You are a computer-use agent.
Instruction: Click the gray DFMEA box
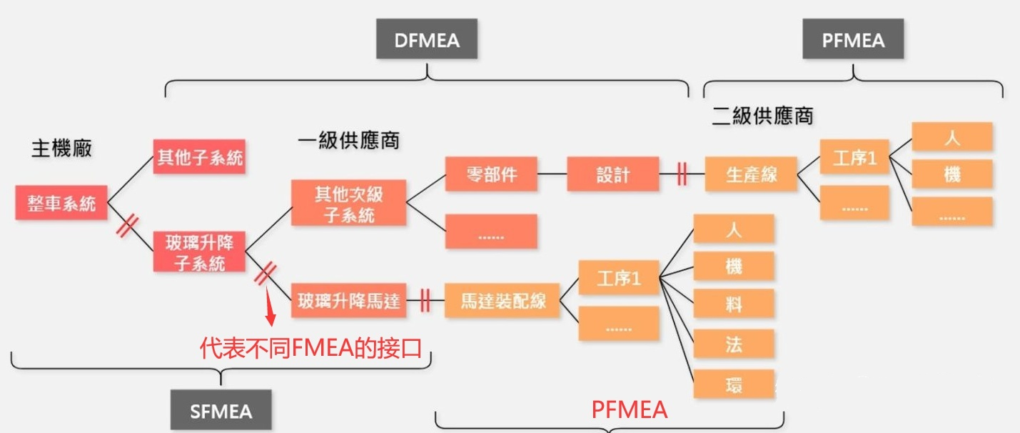(x=427, y=40)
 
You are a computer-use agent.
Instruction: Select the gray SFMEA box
(x=221, y=411)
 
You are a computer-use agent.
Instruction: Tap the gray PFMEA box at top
(x=852, y=40)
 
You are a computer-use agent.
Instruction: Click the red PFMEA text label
(x=629, y=409)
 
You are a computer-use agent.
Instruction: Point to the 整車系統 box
(x=61, y=203)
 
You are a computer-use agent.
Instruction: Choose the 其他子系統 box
(x=199, y=157)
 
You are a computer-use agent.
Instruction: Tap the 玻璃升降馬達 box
(x=349, y=301)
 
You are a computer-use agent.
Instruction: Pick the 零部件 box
(x=490, y=174)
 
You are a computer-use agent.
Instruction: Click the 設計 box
(x=613, y=174)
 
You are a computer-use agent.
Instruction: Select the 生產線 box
(x=751, y=174)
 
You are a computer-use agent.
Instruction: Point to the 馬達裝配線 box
(x=503, y=301)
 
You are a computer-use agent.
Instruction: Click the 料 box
(x=733, y=305)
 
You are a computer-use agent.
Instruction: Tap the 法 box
(x=733, y=345)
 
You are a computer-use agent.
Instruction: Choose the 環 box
(x=733, y=384)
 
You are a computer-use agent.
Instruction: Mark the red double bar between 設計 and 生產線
(x=682, y=174)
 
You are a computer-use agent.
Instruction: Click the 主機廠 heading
(x=61, y=149)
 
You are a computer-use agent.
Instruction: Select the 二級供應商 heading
(x=762, y=115)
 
